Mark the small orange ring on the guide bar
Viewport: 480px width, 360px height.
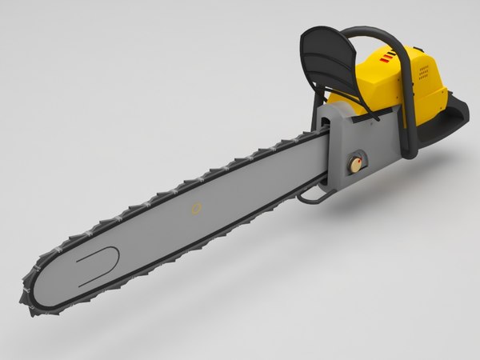click(194, 210)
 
